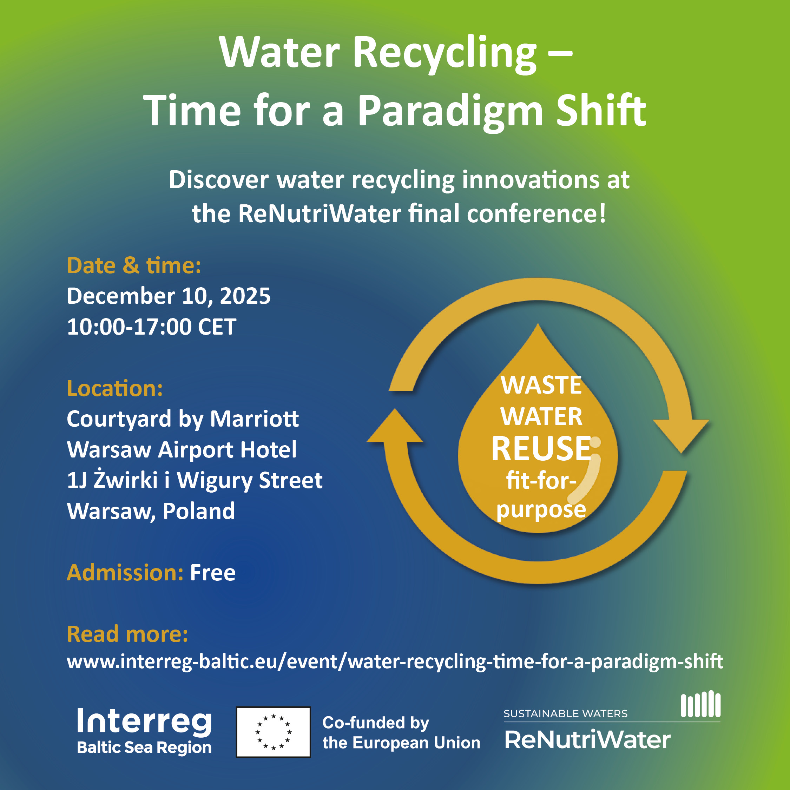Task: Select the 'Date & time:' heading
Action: point(134,265)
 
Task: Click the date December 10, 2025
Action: point(169,296)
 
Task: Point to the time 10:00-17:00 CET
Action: point(152,327)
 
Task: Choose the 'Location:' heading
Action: point(115,388)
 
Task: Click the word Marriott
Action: point(254,419)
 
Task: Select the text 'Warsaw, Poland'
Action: point(151,511)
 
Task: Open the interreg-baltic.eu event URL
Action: point(395,662)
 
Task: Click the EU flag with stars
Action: point(273,732)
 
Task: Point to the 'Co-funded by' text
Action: point(376,723)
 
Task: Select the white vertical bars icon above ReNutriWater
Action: point(700,704)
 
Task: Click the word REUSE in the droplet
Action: point(541,449)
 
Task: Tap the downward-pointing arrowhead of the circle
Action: point(681,435)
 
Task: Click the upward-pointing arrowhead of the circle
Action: point(395,426)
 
